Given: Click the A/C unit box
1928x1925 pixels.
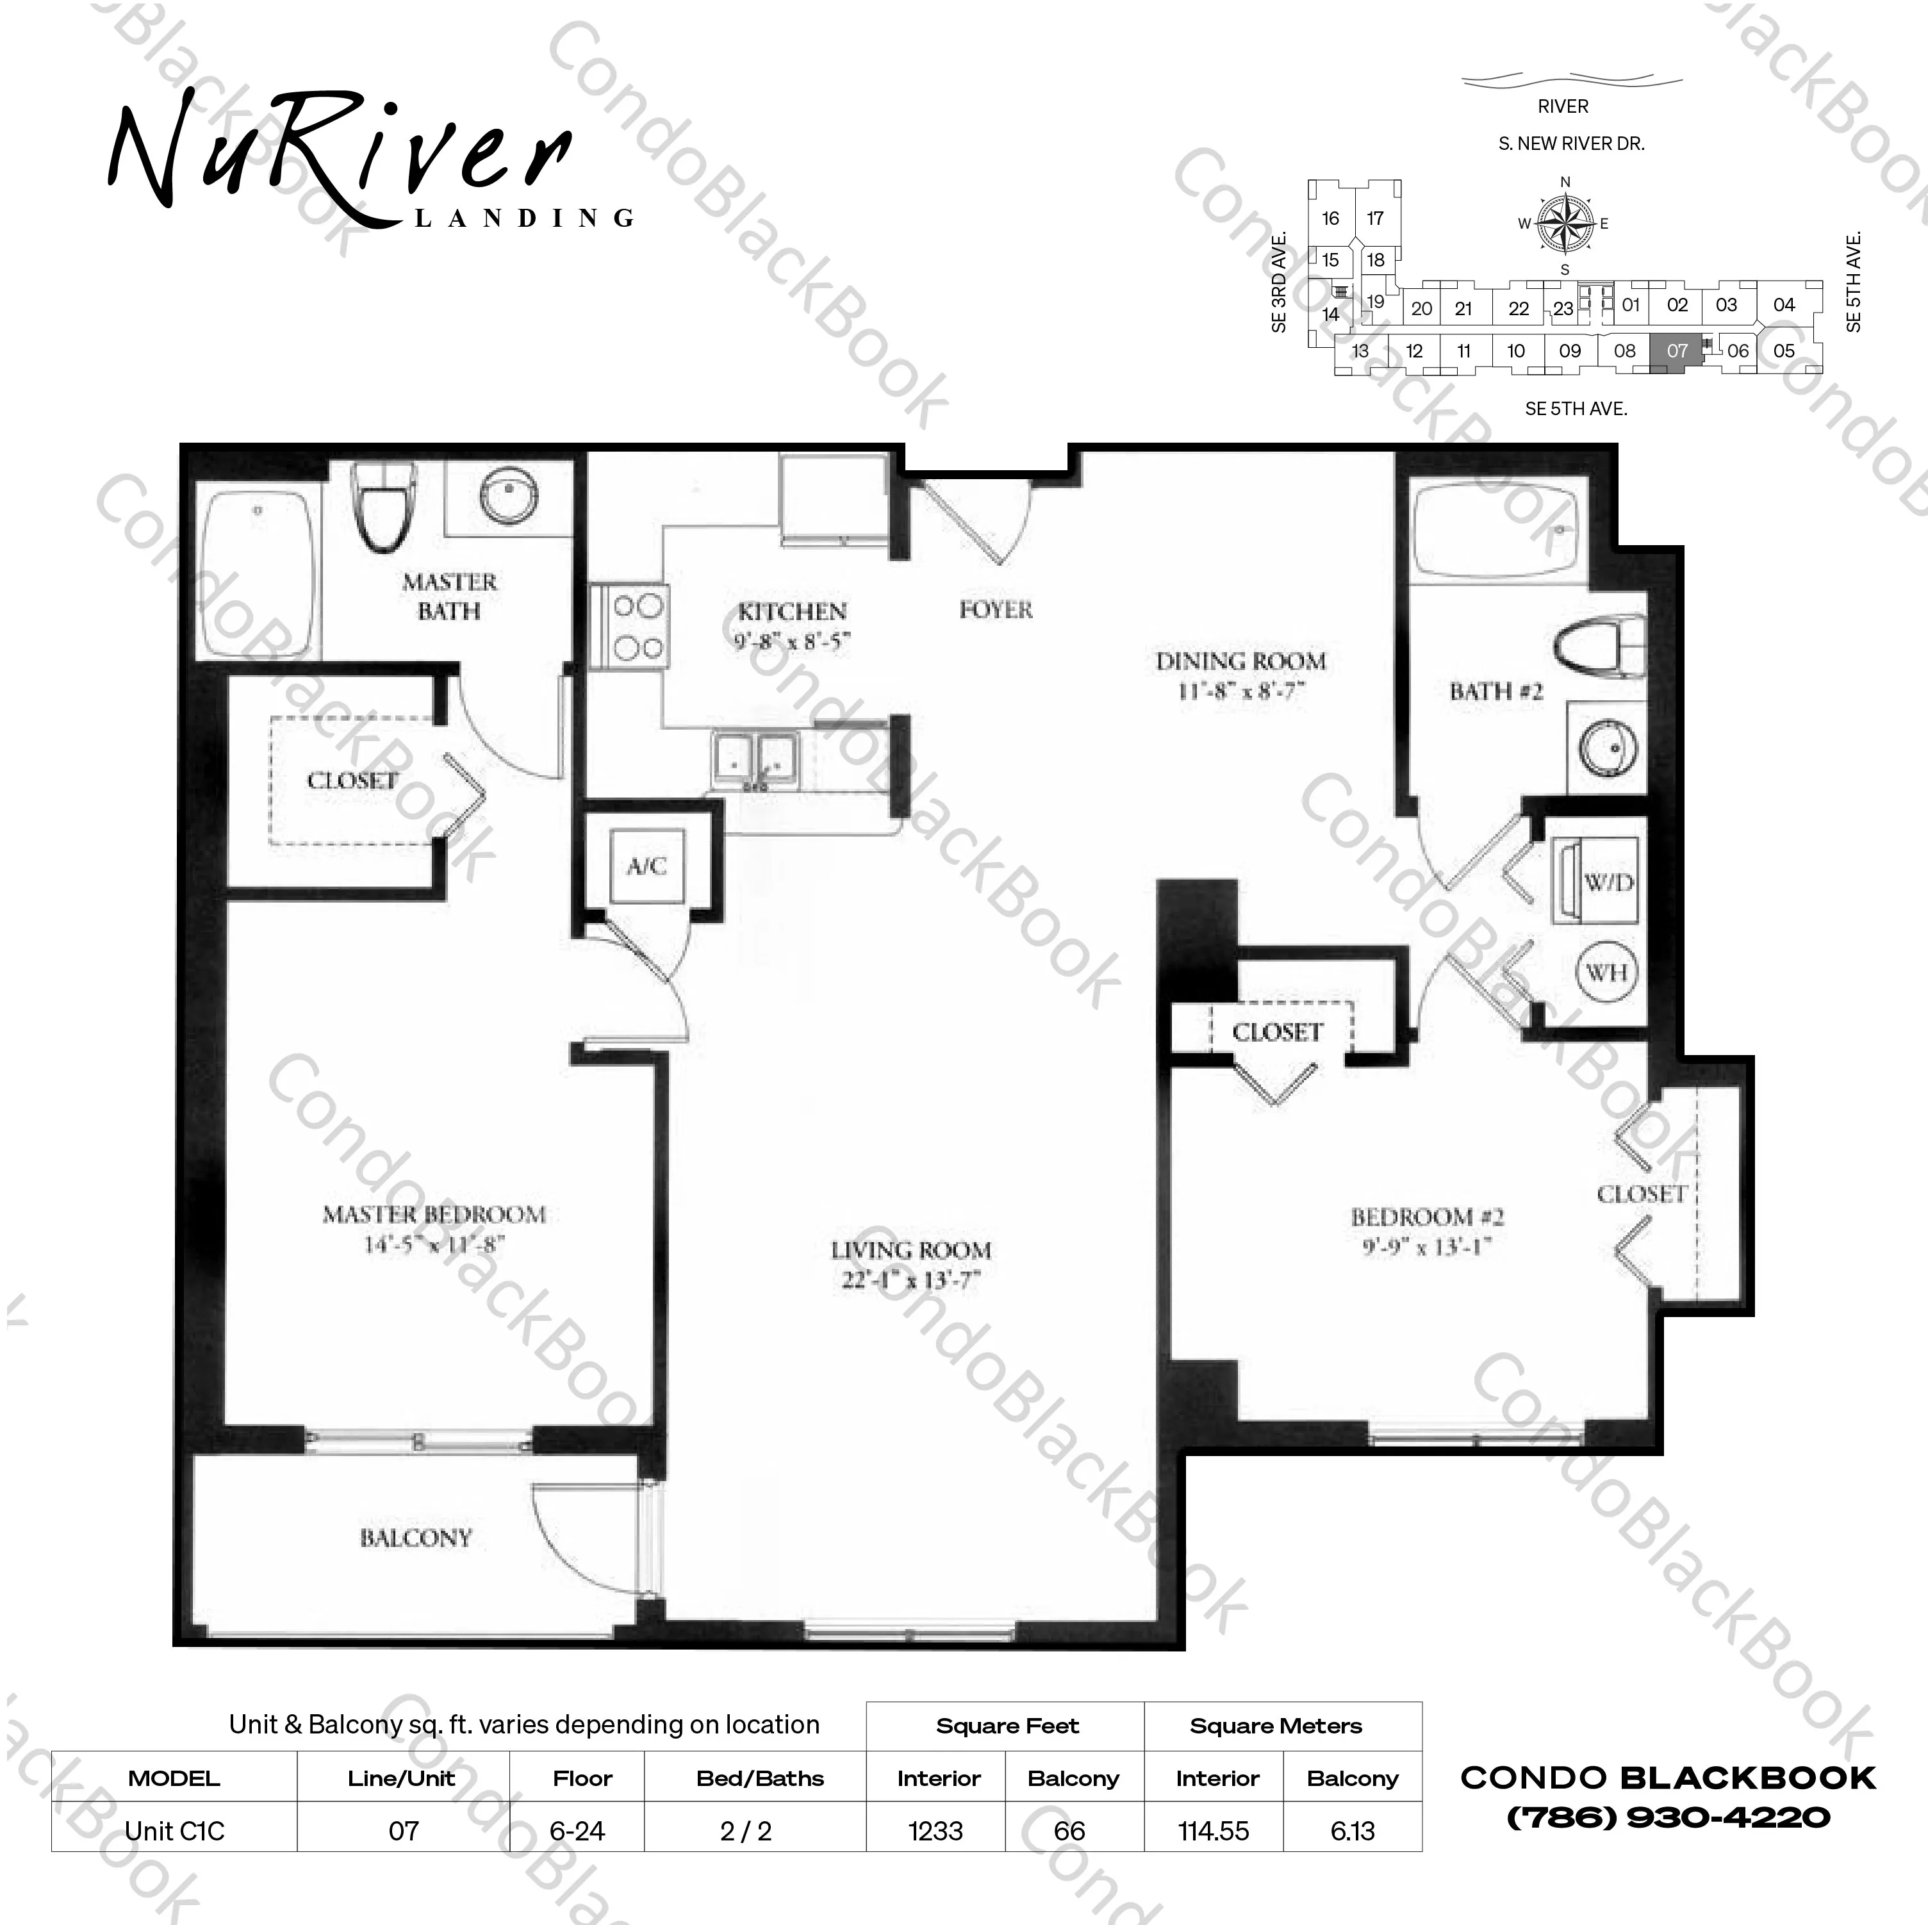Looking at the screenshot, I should pos(647,866).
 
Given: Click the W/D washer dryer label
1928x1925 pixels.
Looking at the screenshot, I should pos(1609,882).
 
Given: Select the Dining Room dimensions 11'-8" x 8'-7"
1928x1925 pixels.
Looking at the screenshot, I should pos(1240,691).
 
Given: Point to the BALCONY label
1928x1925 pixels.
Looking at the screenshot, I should pos(415,1538).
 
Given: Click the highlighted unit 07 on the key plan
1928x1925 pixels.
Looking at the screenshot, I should pos(1677,351).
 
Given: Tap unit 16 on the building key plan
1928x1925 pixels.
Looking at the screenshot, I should pos(1330,218).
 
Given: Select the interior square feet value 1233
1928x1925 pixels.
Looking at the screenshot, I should pos(935,1831).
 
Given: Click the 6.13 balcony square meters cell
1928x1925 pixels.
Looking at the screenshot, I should pos(1352,1831).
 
